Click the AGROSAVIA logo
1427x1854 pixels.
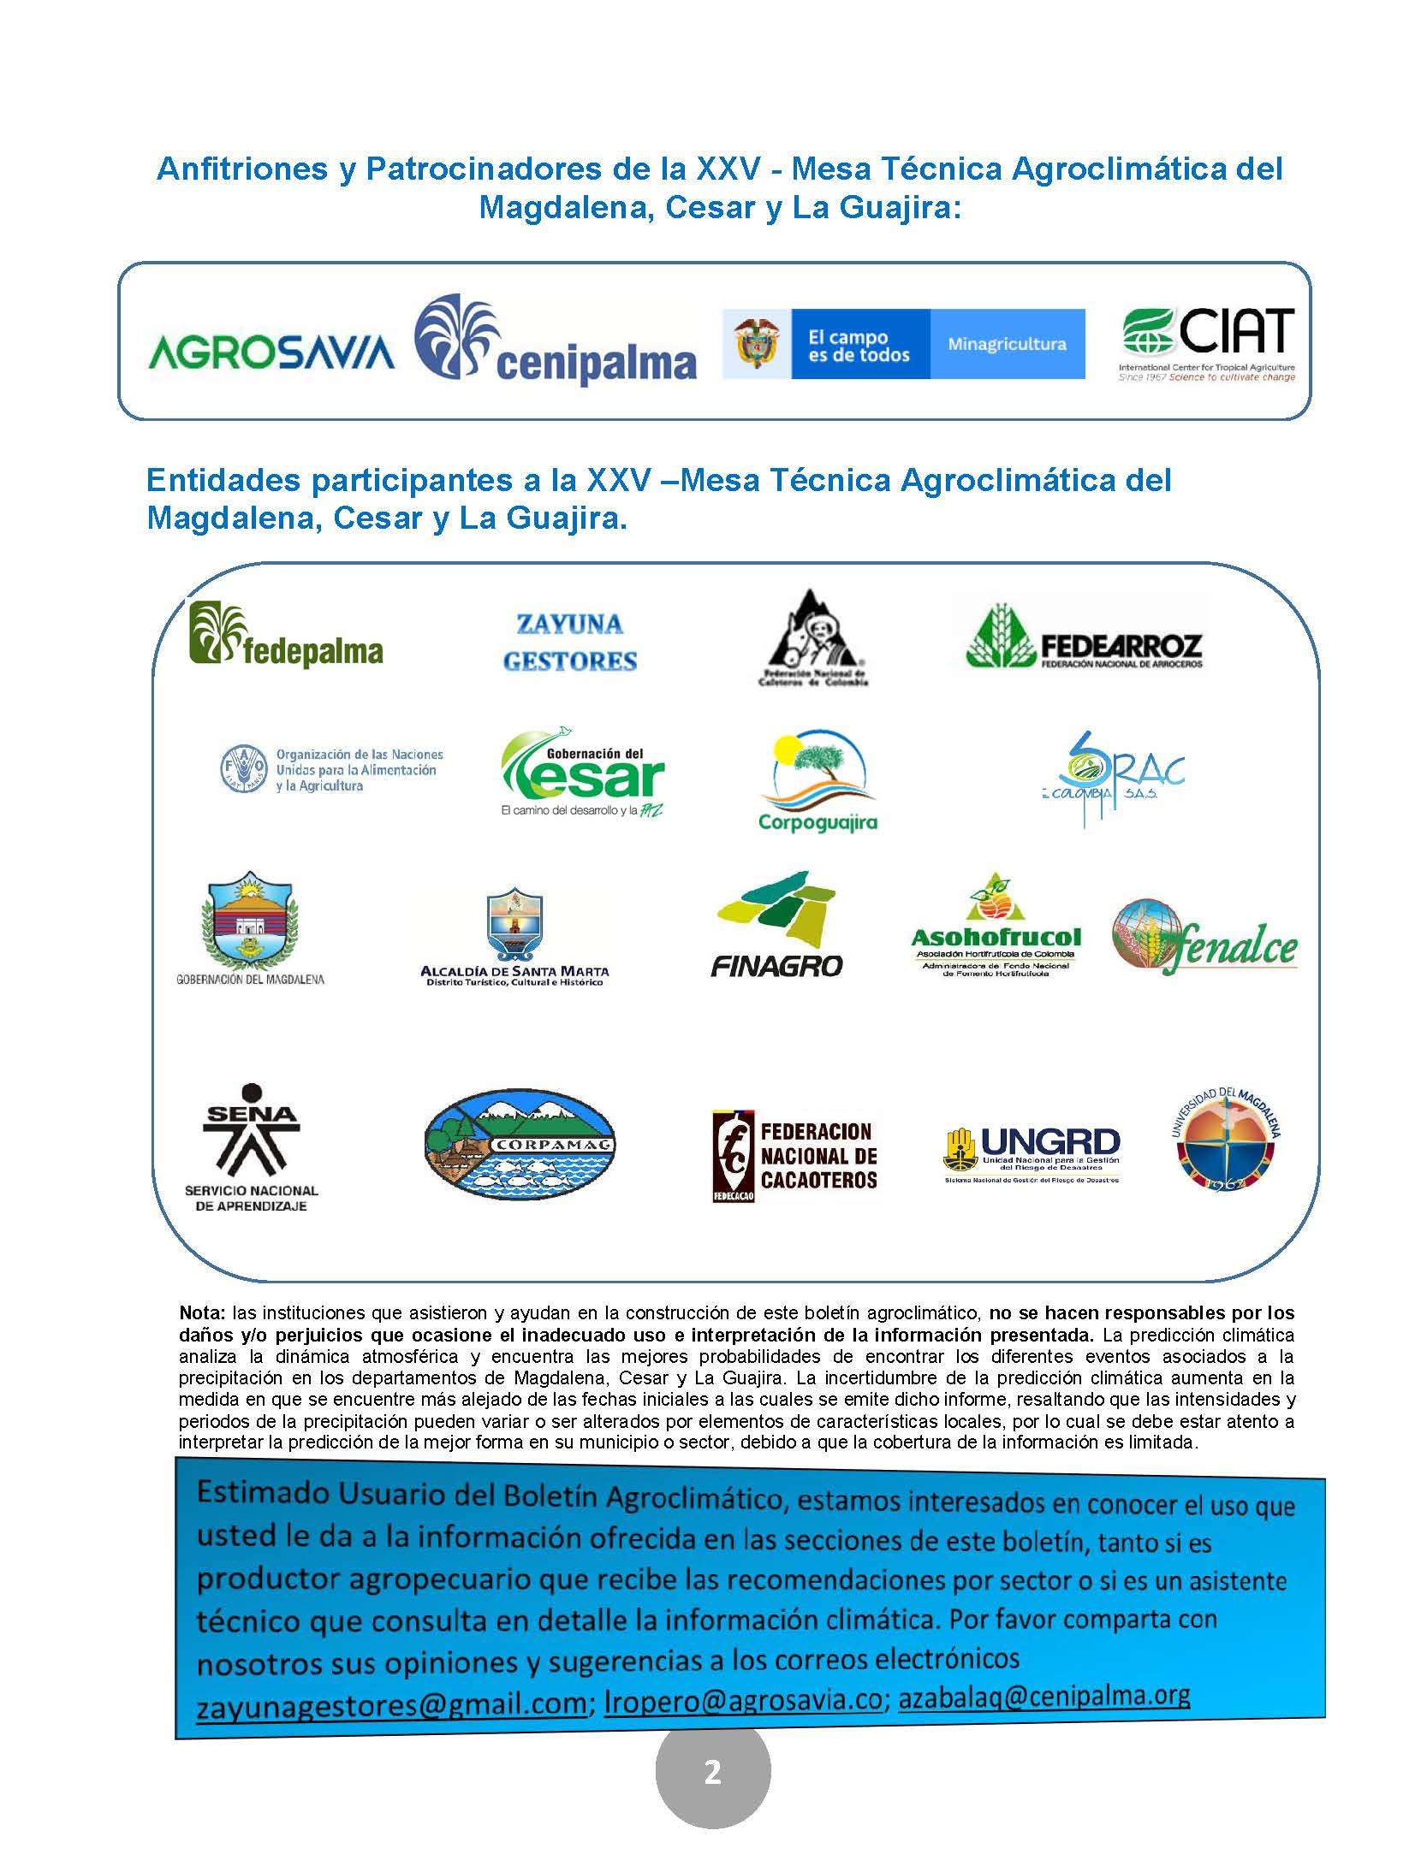click(271, 351)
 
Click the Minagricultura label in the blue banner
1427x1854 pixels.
click(1007, 344)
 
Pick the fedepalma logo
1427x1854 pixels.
click(285, 634)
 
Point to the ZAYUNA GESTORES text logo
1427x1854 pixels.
click(570, 643)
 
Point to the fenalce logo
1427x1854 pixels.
click(1204, 938)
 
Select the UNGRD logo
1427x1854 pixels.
click(1032, 1152)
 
